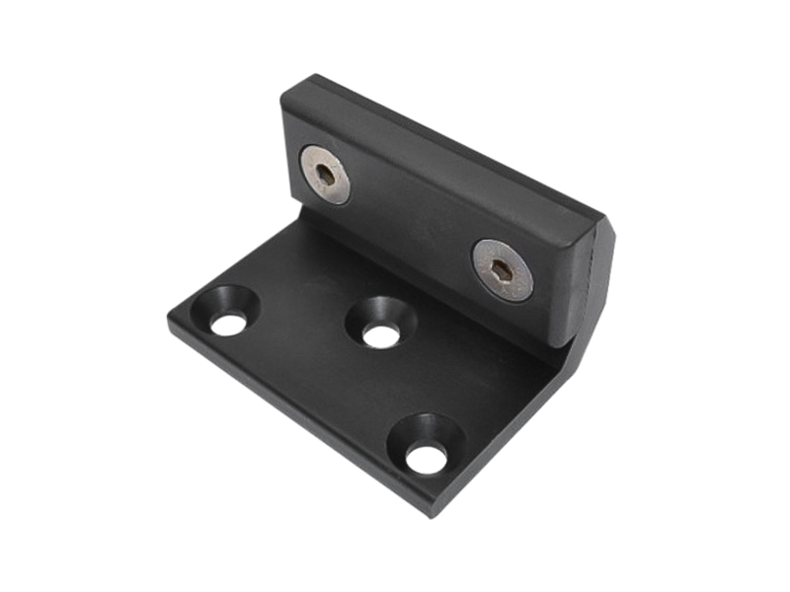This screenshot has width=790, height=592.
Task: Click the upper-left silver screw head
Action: point(325,175)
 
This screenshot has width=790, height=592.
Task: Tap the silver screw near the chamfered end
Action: point(502,269)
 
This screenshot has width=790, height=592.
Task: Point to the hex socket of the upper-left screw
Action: point(325,175)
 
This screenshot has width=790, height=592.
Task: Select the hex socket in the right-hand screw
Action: point(502,269)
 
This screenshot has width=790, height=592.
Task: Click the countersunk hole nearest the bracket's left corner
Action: point(227,311)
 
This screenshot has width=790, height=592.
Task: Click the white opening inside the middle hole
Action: point(380,335)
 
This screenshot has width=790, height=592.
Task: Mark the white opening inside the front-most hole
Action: point(426,458)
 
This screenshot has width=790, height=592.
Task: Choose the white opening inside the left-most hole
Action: point(228,324)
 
